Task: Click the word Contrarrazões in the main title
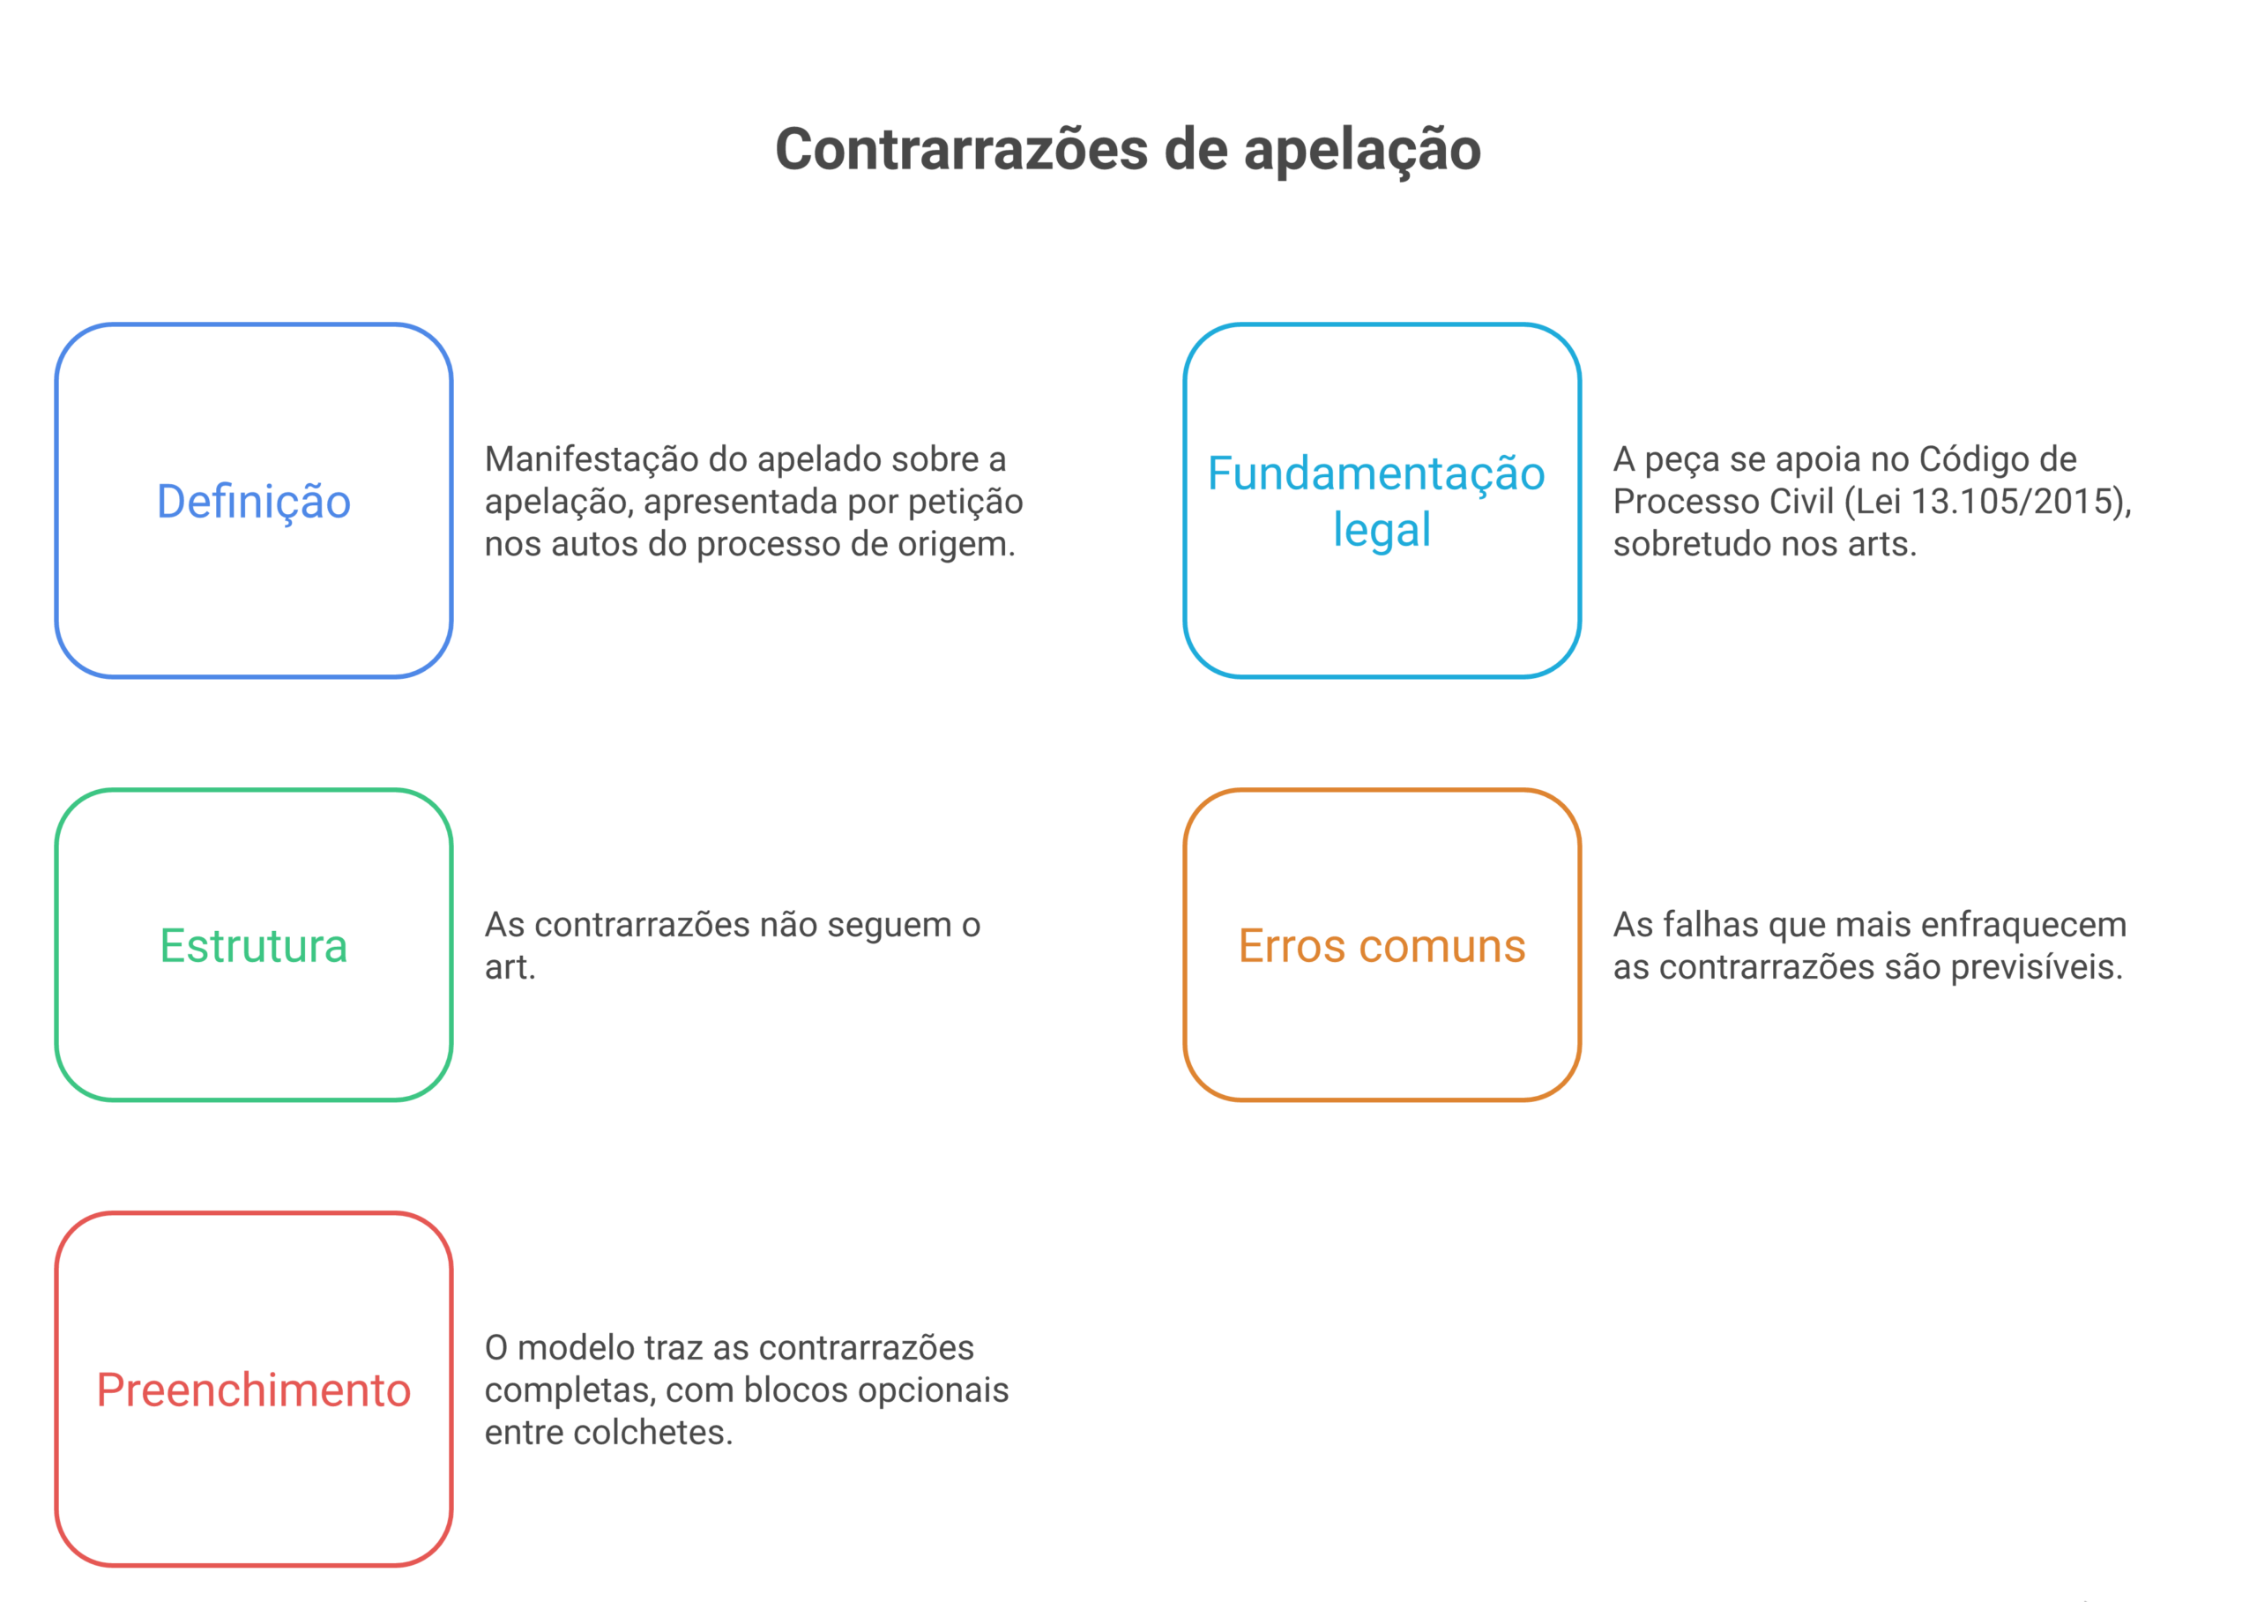tap(962, 150)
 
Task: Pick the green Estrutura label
tap(254, 946)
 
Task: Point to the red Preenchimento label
tap(254, 1390)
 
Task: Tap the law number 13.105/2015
tap(2016, 501)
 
